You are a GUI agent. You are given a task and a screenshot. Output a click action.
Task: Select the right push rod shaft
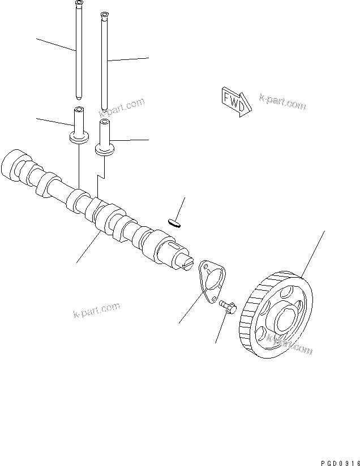104,62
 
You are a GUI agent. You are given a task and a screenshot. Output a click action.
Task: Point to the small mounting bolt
228,307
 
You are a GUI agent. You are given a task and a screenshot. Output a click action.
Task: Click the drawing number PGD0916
333,461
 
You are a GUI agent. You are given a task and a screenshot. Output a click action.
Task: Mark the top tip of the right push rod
104,15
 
